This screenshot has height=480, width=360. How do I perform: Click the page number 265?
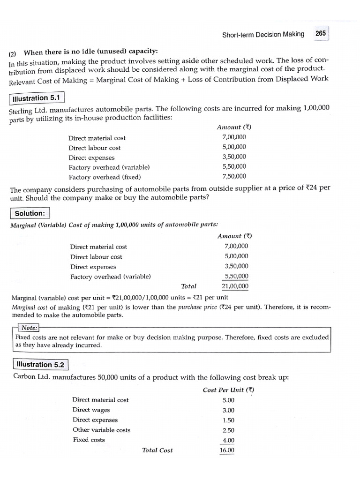[x=321, y=34]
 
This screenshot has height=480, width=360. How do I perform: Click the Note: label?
[x=29, y=329]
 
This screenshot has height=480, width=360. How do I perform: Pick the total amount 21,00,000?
[x=235, y=286]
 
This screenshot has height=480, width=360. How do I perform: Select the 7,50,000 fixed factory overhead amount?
[x=234, y=176]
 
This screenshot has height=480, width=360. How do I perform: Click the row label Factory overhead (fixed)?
[x=105, y=177]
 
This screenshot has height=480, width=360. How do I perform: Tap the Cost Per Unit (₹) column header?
[x=228, y=390]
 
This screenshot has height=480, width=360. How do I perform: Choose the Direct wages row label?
[x=91, y=410]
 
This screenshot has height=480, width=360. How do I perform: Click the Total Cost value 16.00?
[x=227, y=450]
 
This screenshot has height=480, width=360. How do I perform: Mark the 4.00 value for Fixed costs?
[x=228, y=440]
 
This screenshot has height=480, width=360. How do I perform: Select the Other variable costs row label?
[x=101, y=430]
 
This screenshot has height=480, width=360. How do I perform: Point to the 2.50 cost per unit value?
[x=228, y=430]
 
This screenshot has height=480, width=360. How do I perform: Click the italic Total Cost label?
[x=157, y=450]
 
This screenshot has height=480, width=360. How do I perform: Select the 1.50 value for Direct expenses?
[x=228, y=420]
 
